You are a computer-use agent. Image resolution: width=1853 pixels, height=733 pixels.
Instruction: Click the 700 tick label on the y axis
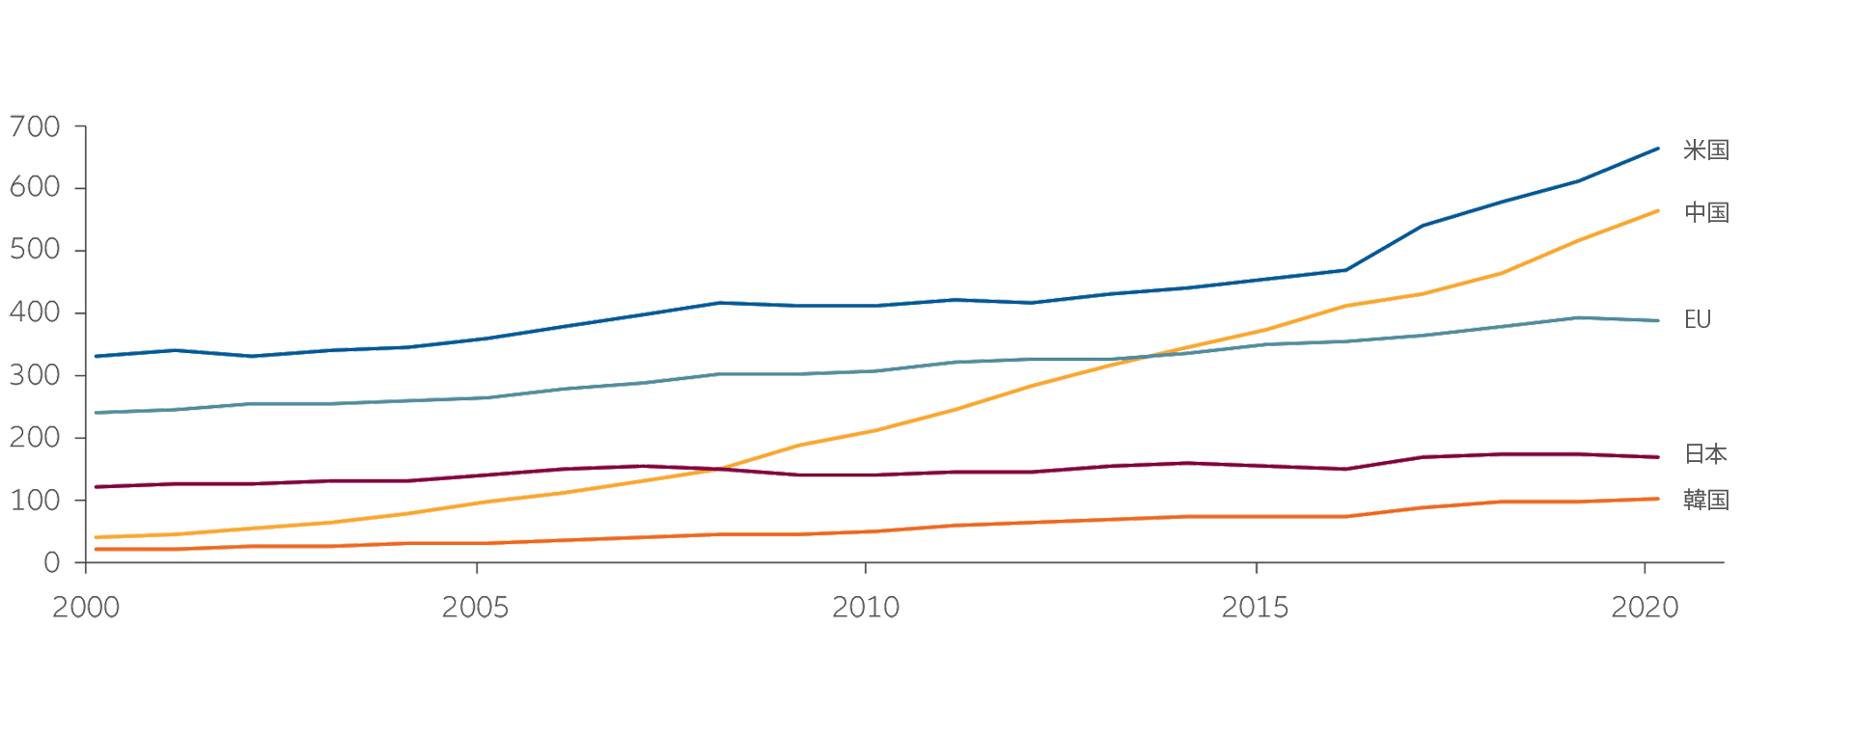click(x=34, y=126)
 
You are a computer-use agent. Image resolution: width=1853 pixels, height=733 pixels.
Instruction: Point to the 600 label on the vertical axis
click(x=34, y=188)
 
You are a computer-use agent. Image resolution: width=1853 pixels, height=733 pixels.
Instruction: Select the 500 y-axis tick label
click(x=34, y=251)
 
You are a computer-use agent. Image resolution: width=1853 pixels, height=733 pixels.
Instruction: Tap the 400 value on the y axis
click(x=34, y=313)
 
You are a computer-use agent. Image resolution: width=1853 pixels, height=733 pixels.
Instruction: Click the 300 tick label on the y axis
click(x=34, y=375)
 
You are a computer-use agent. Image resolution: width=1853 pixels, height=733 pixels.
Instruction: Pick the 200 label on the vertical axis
click(x=34, y=438)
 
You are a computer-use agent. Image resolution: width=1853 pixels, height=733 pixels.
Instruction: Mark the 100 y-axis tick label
click(x=34, y=501)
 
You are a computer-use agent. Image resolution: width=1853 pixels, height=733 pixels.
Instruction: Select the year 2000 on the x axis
click(x=88, y=610)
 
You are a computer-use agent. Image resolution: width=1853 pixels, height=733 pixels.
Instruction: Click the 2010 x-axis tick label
click(x=865, y=610)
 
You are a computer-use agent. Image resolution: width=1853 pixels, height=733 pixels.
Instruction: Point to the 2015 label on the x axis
click(x=1255, y=610)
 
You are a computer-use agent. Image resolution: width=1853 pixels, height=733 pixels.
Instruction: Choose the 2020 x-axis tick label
click(x=1645, y=610)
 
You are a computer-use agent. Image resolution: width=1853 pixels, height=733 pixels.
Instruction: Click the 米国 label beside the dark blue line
click(x=1705, y=150)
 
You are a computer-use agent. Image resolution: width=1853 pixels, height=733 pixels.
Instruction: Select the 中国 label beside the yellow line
click(x=1705, y=212)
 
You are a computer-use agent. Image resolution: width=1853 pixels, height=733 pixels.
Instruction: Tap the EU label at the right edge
click(x=1698, y=320)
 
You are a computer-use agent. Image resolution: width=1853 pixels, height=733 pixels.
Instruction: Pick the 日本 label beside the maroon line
click(x=1705, y=454)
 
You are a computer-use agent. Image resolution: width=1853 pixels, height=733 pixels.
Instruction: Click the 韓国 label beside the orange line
click(x=1705, y=501)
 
